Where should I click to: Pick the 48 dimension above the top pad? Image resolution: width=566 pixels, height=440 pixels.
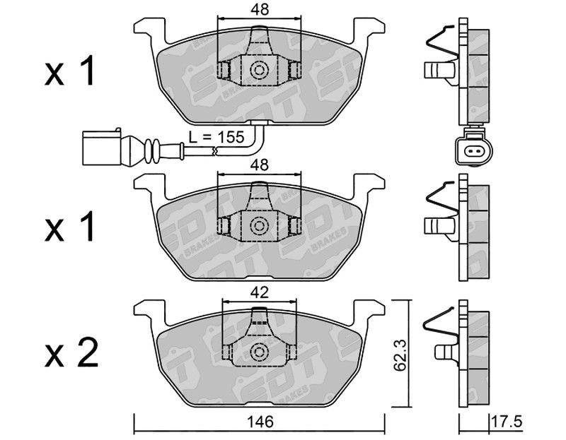(x=259, y=10)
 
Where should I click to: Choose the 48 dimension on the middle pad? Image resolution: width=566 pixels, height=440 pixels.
(x=260, y=165)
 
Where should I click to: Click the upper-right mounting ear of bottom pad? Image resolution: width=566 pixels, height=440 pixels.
(x=369, y=309)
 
